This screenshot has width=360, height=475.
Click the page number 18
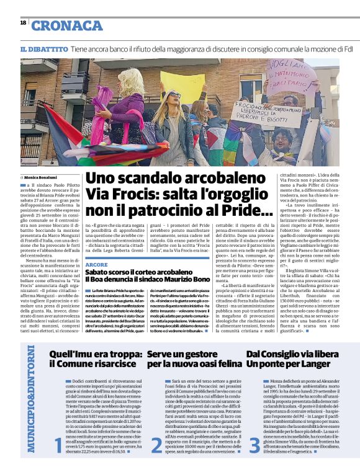point(23,23)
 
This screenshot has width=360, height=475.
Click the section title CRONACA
point(67,25)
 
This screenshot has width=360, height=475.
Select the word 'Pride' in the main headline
point(234,210)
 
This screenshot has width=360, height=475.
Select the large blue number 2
point(158,445)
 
